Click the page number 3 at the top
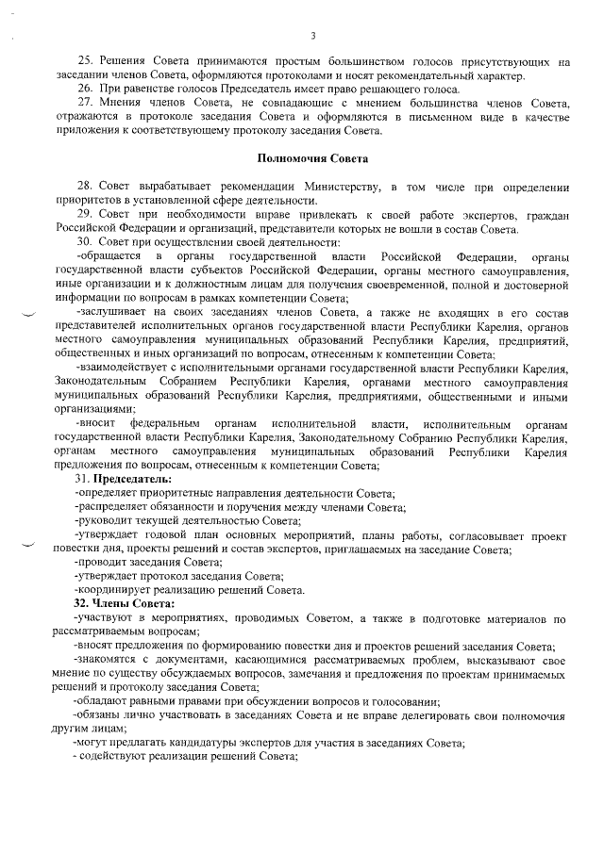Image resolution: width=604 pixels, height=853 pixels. [311, 36]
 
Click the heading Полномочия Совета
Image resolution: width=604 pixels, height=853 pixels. [313, 156]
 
